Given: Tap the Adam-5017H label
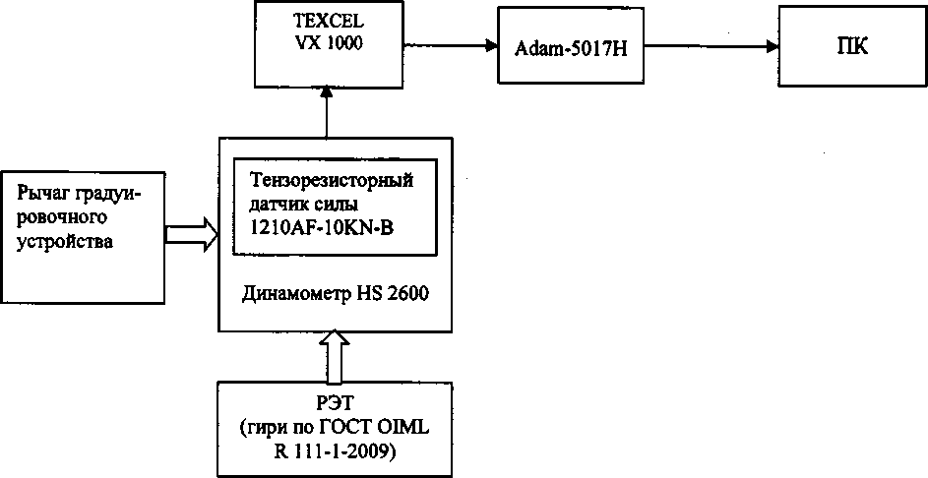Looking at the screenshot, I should click(x=570, y=46).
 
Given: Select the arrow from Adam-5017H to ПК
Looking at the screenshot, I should click(x=709, y=44).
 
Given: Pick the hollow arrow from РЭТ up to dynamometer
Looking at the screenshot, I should click(x=336, y=355).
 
